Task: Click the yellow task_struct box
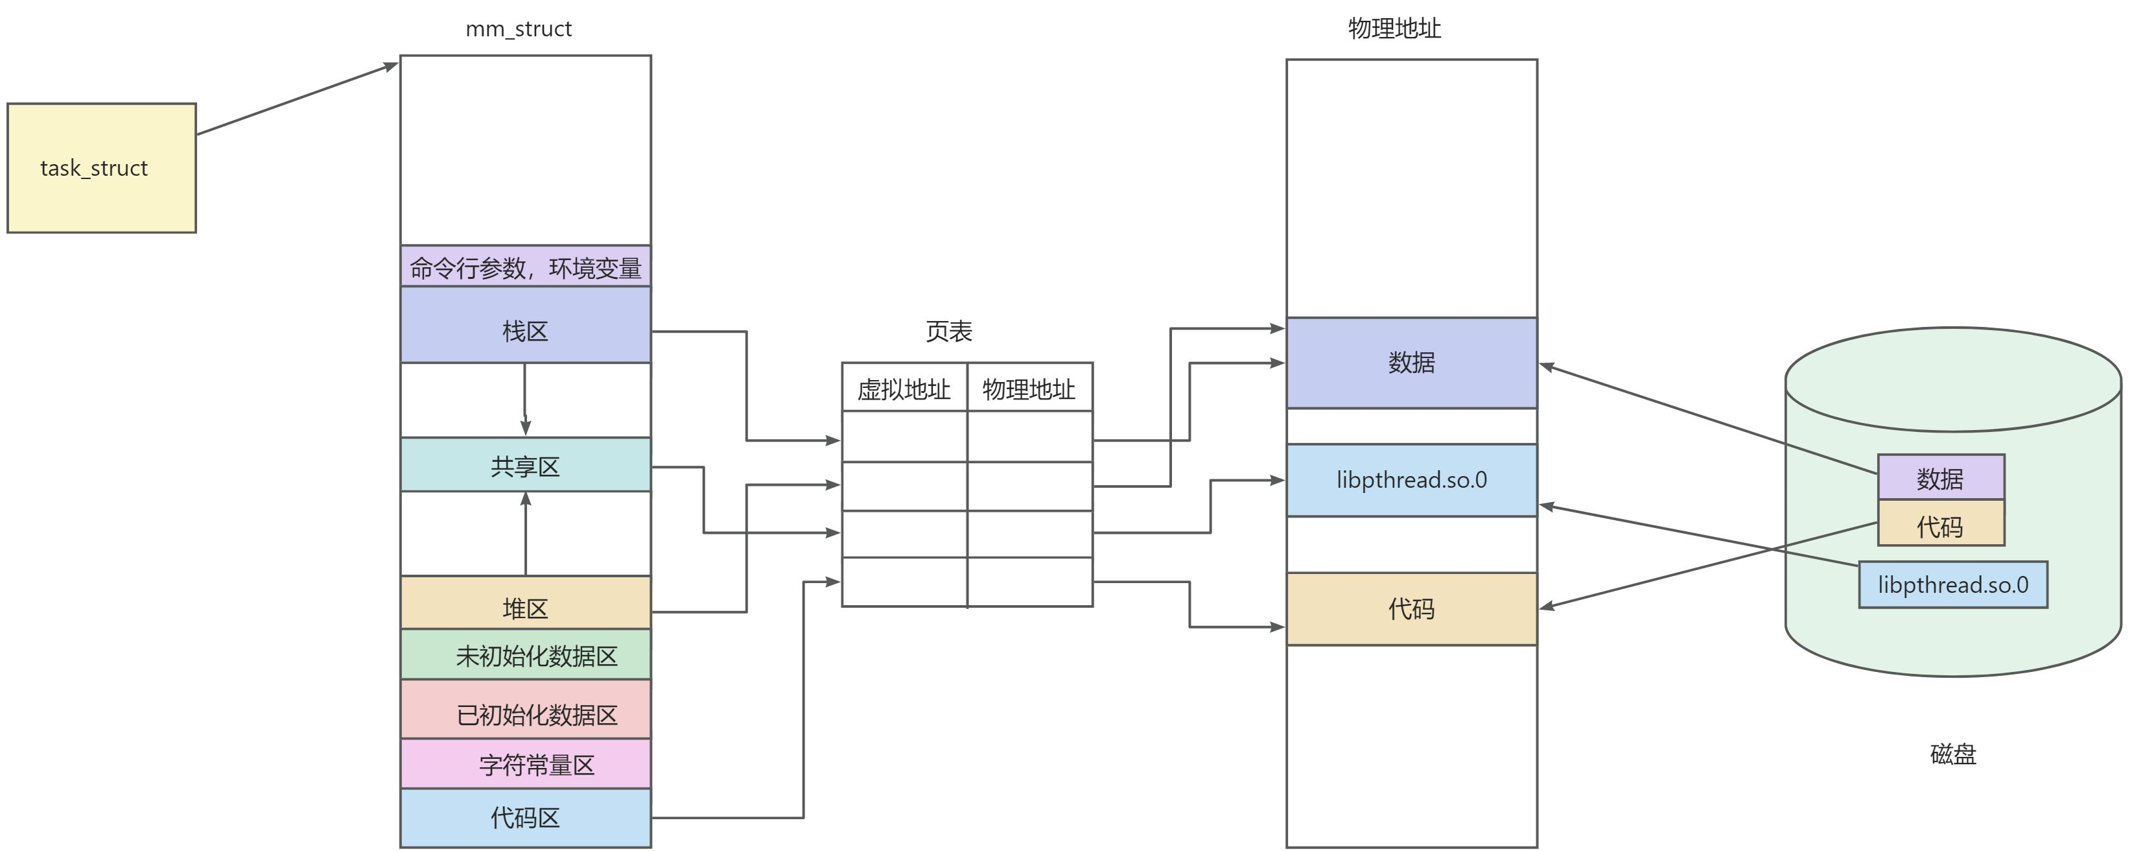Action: (101, 168)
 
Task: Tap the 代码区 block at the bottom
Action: (524, 818)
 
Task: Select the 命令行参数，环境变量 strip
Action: (524, 267)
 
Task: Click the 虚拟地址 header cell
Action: (904, 389)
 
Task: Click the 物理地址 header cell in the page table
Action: (1029, 389)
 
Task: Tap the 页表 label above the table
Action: (948, 331)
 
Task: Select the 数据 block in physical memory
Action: (1411, 363)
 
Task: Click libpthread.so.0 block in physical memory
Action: (1411, 480)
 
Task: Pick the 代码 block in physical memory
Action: (1411, 609)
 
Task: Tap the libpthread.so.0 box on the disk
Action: (1952, 585)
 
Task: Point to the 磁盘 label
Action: (1952, 754)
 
